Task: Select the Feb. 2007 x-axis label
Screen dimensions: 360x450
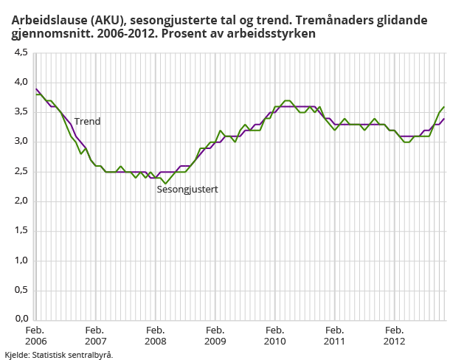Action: pos(94,336)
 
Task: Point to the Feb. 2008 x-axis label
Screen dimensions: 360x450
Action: pos(155,336)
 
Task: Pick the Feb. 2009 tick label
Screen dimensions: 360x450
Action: pos(215,336)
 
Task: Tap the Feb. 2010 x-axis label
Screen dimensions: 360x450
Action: pos(274,336)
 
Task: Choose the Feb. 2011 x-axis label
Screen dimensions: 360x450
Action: pos(334,336)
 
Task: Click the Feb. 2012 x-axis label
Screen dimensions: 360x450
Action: pos(394,336)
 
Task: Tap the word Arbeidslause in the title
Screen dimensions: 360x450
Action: pos(42,21)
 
